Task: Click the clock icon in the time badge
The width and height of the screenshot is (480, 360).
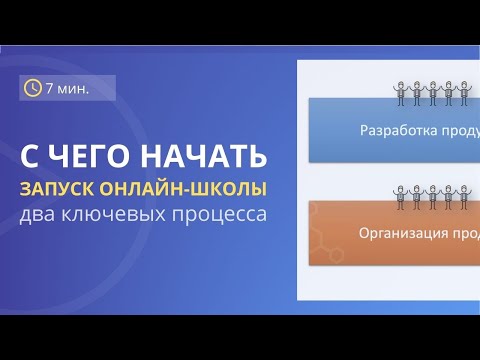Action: tap(33, 89)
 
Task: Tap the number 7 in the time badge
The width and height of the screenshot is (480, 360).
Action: tap(51, 89)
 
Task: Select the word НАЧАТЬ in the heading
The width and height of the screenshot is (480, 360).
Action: tap(212, 157)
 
